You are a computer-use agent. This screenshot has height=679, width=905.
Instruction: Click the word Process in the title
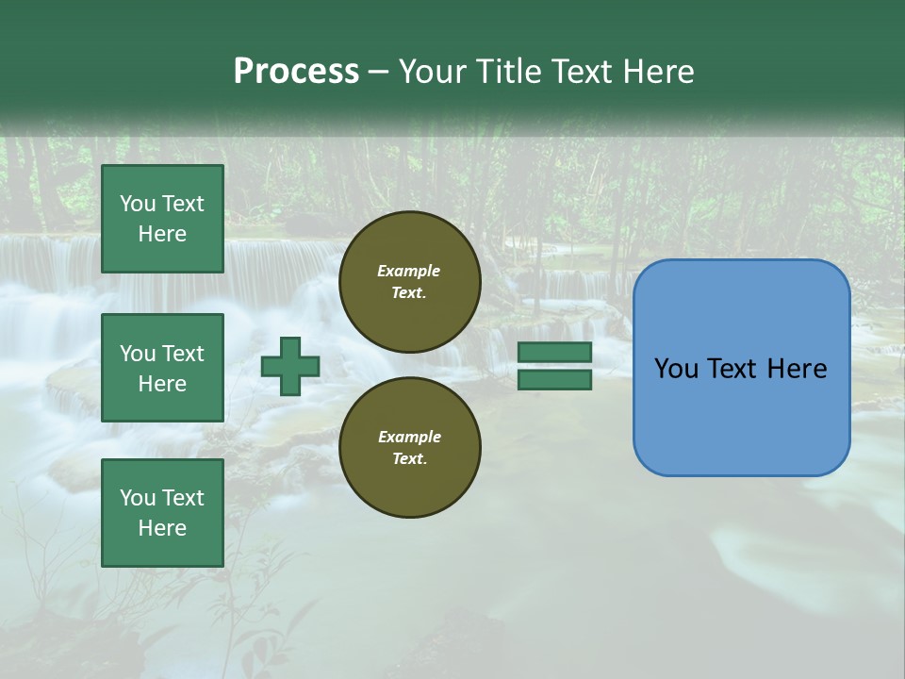point(296,72)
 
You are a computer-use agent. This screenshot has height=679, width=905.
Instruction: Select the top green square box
point(162,219)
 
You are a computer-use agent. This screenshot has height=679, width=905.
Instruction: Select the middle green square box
point(162,368)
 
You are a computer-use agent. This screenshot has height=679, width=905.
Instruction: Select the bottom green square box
point(162,513)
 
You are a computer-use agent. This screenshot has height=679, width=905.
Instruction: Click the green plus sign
point(290,367)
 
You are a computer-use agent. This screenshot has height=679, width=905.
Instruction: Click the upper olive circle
point(410,282)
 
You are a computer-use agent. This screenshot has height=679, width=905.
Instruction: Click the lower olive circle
point(410,448)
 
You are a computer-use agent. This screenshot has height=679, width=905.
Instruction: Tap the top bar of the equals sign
point(554,353)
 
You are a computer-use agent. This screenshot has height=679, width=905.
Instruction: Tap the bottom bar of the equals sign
point(554,380)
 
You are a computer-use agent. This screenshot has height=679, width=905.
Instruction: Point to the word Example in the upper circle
point(408,271)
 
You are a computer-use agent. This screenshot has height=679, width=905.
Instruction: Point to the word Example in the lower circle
point(409,437)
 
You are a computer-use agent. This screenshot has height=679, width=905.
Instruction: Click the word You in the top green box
point(137,204)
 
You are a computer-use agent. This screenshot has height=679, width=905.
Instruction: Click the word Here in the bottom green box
point(162,528)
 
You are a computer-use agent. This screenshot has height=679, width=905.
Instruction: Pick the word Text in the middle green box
point(182,354)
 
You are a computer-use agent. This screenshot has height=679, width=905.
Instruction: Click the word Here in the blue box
point(797,369)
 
